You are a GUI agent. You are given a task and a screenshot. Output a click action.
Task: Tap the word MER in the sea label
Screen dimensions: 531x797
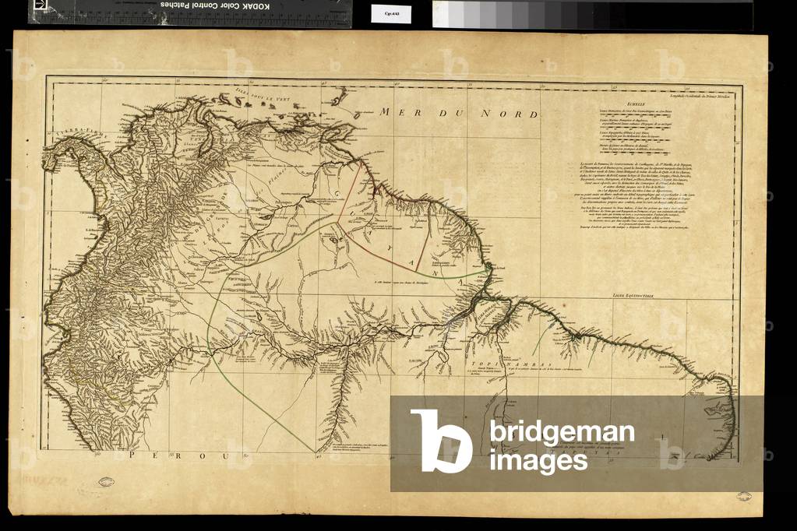click(395, 111)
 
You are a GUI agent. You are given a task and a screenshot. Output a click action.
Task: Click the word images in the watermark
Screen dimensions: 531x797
click(538, 461)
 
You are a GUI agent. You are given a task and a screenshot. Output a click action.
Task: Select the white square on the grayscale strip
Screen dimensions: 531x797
click(444, 14)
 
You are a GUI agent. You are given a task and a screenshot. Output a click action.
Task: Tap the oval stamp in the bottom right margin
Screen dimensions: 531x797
click(745, 495)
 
